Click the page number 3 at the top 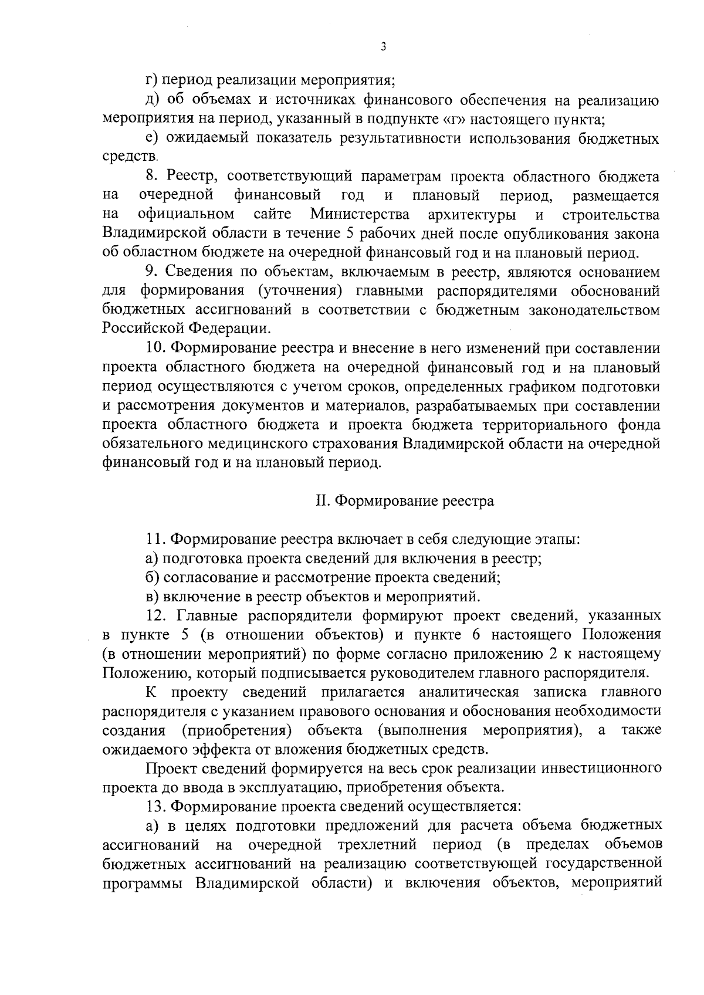(383, 47)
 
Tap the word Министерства (360, 214)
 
